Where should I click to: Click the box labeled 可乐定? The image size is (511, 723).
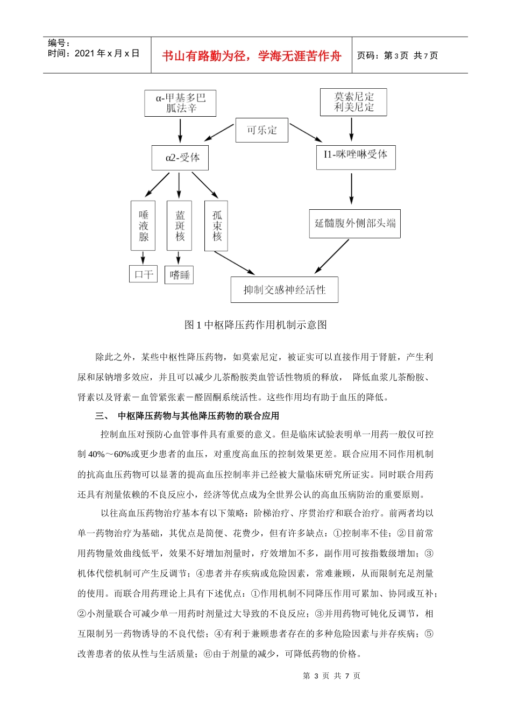pos(261,130)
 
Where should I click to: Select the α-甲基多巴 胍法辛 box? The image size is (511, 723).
pos(180,103)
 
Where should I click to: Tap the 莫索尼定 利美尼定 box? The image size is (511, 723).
pos(353,102)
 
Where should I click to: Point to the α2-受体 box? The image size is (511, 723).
pos(180,158)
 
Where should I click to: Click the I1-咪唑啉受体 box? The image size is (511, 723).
pos(356,157)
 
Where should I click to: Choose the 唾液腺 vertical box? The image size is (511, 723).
pos(143,225)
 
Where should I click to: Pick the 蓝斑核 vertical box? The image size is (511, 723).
pos(180,225)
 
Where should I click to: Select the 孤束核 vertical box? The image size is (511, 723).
pos(216,225)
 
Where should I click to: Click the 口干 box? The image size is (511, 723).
pos(144,274)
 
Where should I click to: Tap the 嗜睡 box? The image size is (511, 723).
pos(180,275)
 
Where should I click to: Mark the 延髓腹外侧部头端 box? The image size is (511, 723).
pos(355,223)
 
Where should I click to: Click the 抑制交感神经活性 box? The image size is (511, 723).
pos(284,290)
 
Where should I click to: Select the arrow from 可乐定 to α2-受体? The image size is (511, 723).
pos(219,132)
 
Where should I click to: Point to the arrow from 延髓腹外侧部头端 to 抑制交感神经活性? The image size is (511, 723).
pos(332,256)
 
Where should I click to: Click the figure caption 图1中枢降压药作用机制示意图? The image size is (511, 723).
pos(256,325)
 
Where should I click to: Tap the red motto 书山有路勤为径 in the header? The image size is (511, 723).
pos(251,56)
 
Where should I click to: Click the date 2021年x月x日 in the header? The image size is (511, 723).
pos(94,53)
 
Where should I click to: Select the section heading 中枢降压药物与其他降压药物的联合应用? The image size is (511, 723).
pos(198,415)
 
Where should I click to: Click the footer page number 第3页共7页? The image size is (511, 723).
pos(331,676)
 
